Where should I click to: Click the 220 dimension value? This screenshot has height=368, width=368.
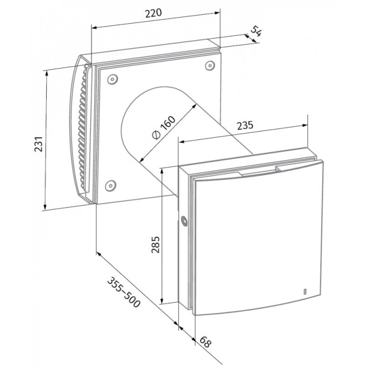pyautogui.click(x=153, y=13)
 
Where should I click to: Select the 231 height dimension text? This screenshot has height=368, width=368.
pyautogui.click(x=39, y=144)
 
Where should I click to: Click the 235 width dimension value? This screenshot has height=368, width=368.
pyautogui.click(x=245, y=125)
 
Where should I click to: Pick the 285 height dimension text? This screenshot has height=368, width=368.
pyautogui.click(x=155, y=245)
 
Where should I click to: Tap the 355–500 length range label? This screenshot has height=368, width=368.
pyautogui.click(x=124, y=292)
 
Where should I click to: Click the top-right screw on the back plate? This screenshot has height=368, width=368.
pyautogui.click(x=210, y=66)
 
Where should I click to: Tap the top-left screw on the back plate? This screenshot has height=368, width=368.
pyautogui.click(x=112, y=79)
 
